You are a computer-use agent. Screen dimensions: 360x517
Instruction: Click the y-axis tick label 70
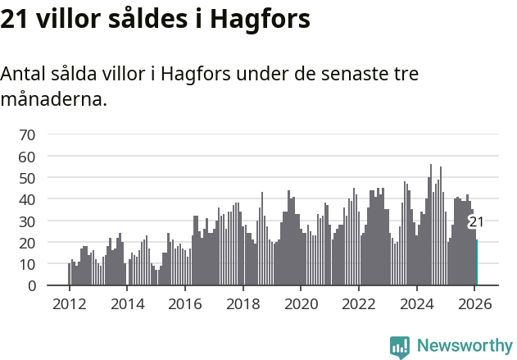pos(27,134)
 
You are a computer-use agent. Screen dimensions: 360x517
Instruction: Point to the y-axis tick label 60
pos(27,156)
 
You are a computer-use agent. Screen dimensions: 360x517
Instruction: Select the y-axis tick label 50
pos(27,178)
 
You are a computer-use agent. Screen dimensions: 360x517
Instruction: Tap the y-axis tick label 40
pos(27,199)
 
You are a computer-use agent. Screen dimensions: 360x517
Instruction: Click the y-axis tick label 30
pos(27,221)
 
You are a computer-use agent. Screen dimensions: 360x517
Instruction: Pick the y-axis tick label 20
pos(27,243)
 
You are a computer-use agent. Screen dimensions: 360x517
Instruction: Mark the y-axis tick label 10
pos(27,264)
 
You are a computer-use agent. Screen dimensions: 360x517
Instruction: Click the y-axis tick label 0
pos(31,286)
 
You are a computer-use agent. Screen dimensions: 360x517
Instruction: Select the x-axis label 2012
pos(69,303)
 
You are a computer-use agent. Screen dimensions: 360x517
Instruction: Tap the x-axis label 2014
pos(127,303)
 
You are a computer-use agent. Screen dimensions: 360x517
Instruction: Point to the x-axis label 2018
pos(243,303)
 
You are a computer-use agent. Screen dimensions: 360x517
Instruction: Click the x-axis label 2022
pos(358,303)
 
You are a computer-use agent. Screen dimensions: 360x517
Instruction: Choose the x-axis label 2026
pos(474,303)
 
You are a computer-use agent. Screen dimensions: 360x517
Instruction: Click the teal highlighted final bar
pos(477,263)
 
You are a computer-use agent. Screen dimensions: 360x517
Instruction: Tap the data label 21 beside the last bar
pos(476,222)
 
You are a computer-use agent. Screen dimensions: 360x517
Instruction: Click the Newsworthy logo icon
pos(400,347)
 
